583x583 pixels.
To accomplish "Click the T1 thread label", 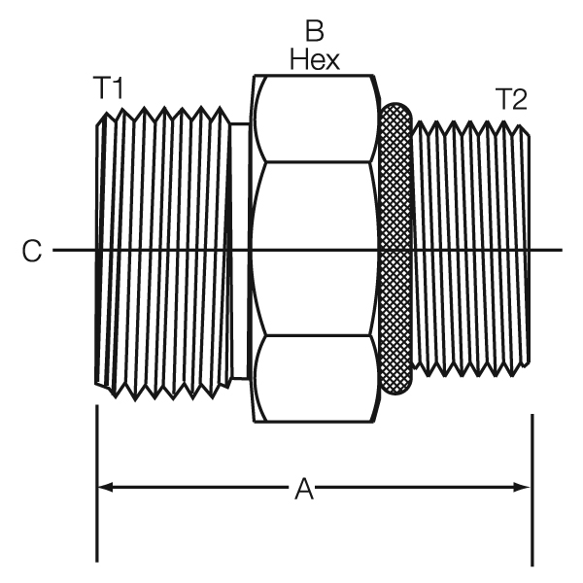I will [x=109, y=88].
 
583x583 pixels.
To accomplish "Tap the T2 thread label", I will [x=512, y=98].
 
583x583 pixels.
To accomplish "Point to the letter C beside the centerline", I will [x=32, y=252].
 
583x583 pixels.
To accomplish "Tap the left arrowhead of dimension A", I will [x=105, y=484].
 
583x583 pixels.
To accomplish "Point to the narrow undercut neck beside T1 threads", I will [x=240, y=252].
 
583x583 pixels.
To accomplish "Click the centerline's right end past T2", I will [x=557, y=252].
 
